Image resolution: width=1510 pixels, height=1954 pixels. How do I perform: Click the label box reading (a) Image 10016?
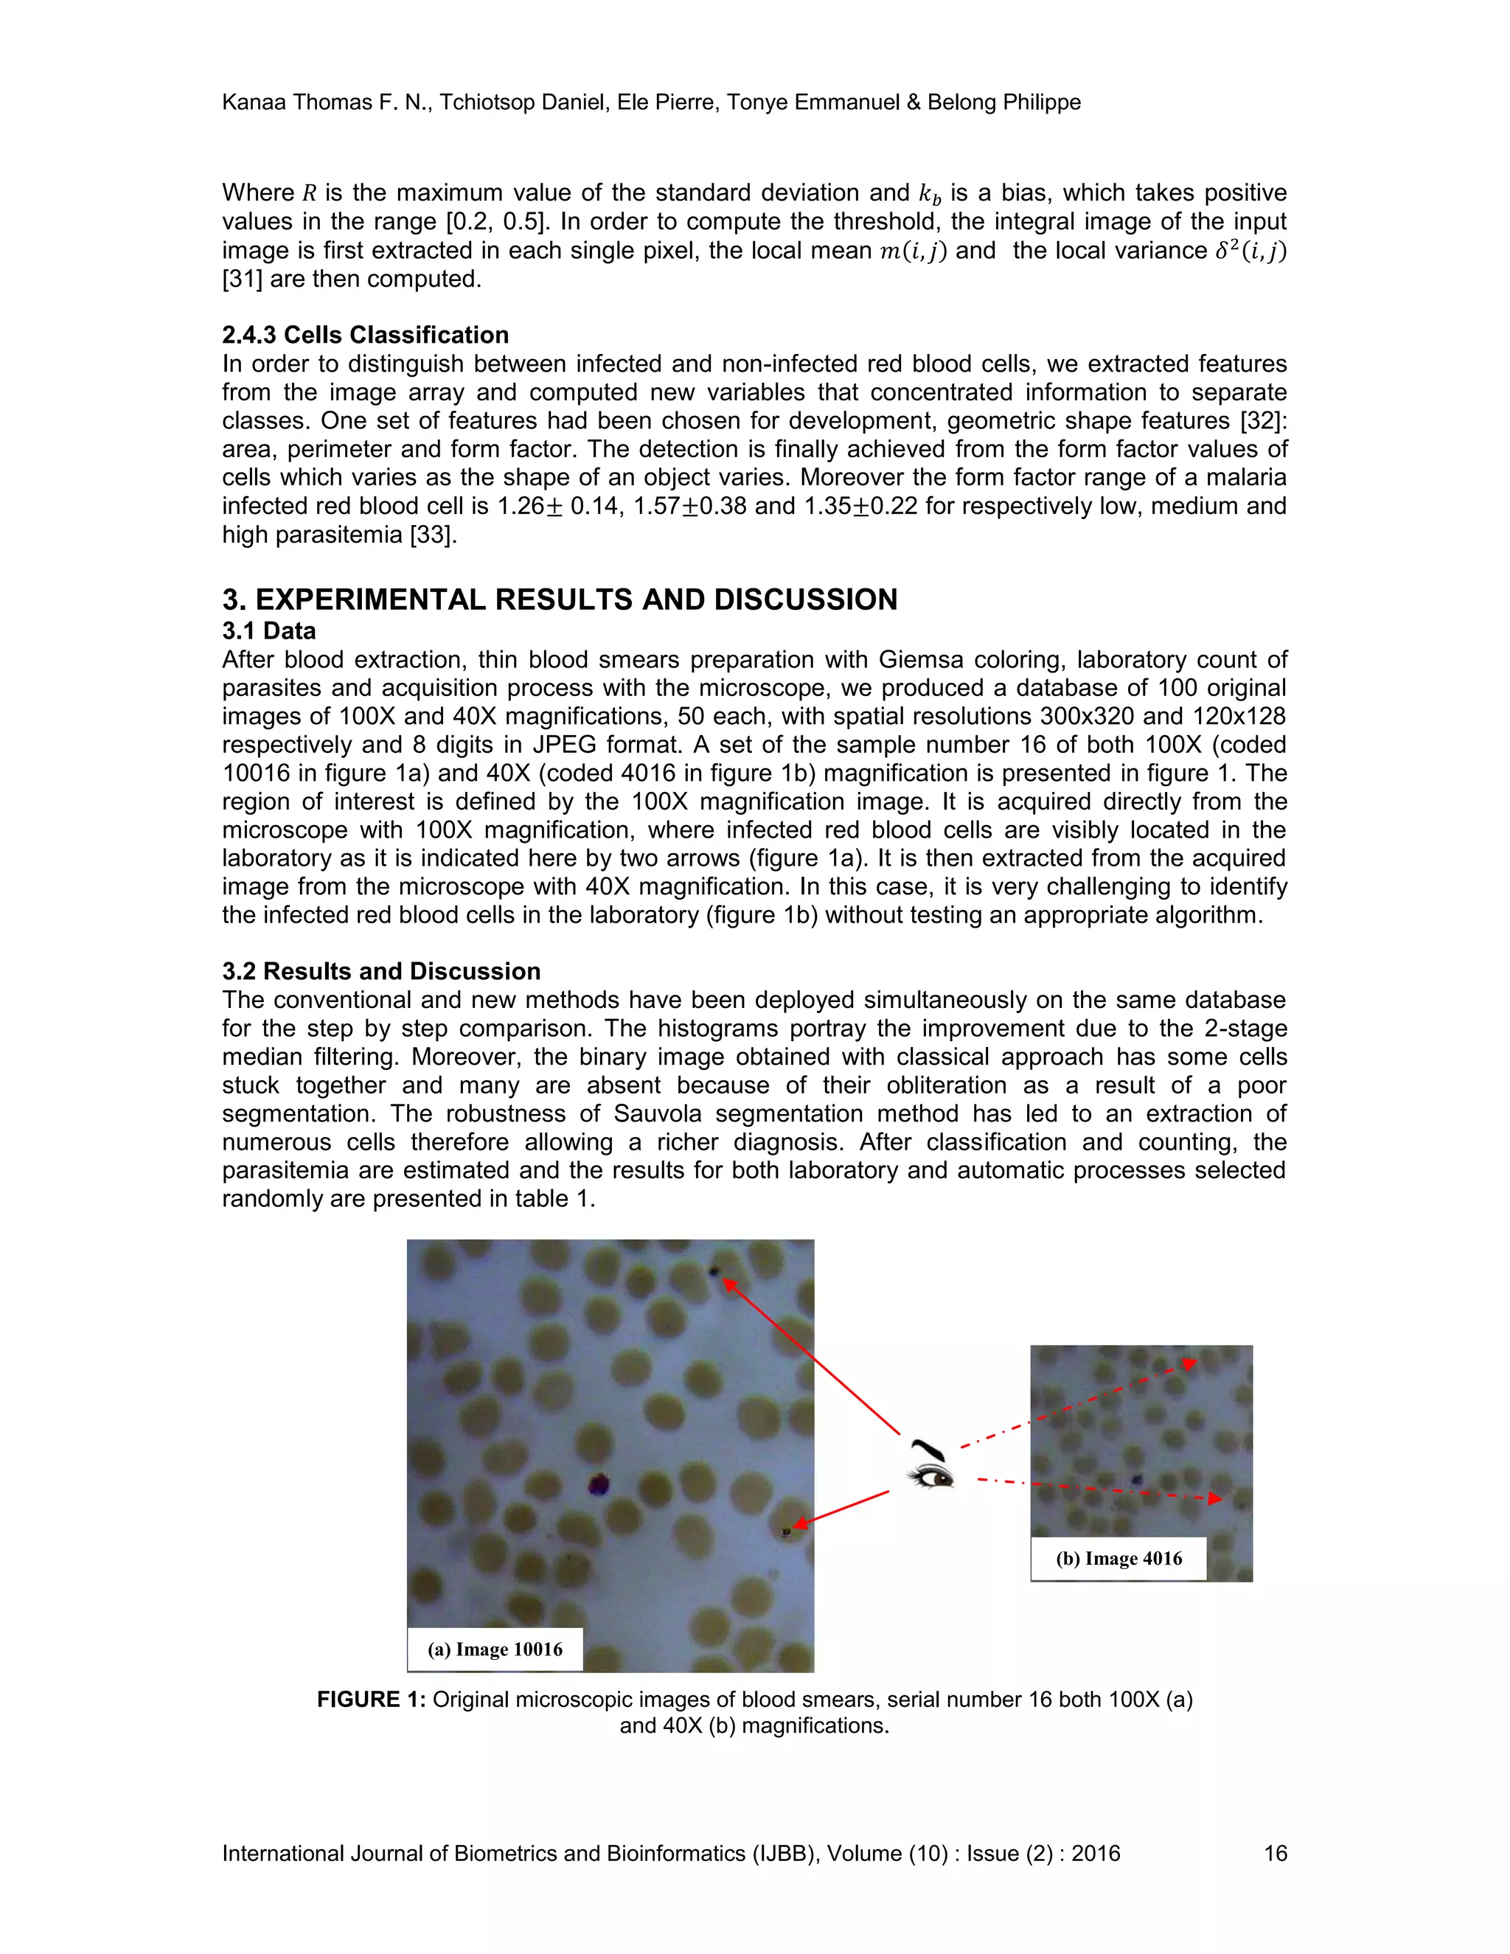pos(495,1649)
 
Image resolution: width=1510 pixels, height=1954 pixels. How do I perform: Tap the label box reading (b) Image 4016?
pos(1118,1559)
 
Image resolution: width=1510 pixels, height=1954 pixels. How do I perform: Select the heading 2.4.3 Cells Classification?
pos(365,335)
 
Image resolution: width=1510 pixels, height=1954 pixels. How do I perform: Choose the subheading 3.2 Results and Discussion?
pos(381,972)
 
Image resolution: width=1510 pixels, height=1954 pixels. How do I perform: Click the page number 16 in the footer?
pos(1275,1853)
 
